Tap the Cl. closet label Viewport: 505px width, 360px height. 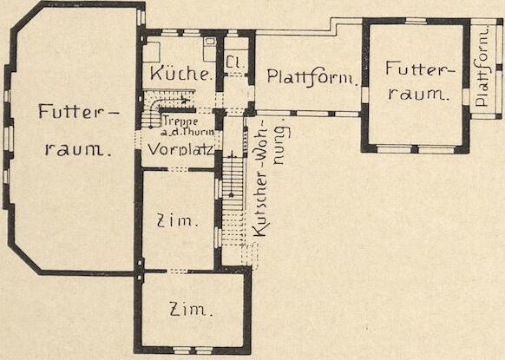click(235, 62)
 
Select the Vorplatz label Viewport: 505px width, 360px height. click(180, 150)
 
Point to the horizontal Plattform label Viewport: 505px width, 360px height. click(312, 77)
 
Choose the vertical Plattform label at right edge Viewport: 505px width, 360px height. click(482, 69)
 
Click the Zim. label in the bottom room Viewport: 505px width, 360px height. click(191, 310)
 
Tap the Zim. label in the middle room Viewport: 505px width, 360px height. click(177, 220)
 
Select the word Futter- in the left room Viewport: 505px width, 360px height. click(79, 111)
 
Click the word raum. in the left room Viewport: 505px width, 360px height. click(78, 149)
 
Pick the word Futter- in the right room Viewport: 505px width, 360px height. click(421, 70)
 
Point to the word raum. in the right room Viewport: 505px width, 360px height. click(419, 94)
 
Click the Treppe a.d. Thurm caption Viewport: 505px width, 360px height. click(188, 127)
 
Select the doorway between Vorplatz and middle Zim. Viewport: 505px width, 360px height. click(178, 169)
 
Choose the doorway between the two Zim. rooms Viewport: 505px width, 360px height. click(176, 272)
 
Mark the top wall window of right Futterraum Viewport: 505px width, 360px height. click(416, 21)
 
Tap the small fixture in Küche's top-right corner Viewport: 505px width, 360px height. click(210, 42)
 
